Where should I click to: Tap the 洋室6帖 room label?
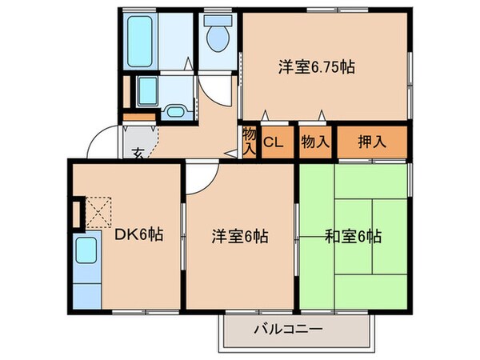pyautogui.click(x=239, y=237)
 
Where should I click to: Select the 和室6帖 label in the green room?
pyautogui.click(x=353, y=237)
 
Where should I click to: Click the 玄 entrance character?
pyautogui.click(x=138, y=153)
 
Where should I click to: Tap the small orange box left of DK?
pyautogui.click(x=78, y=214)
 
